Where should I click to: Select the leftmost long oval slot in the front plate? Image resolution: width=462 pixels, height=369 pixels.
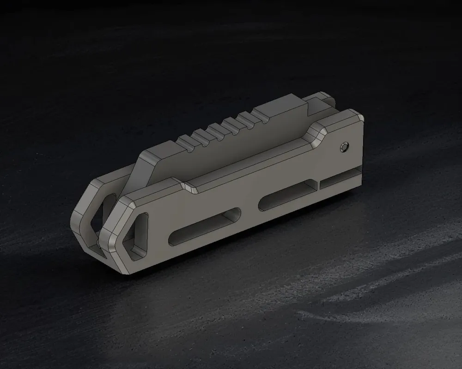tap(204, 226)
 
